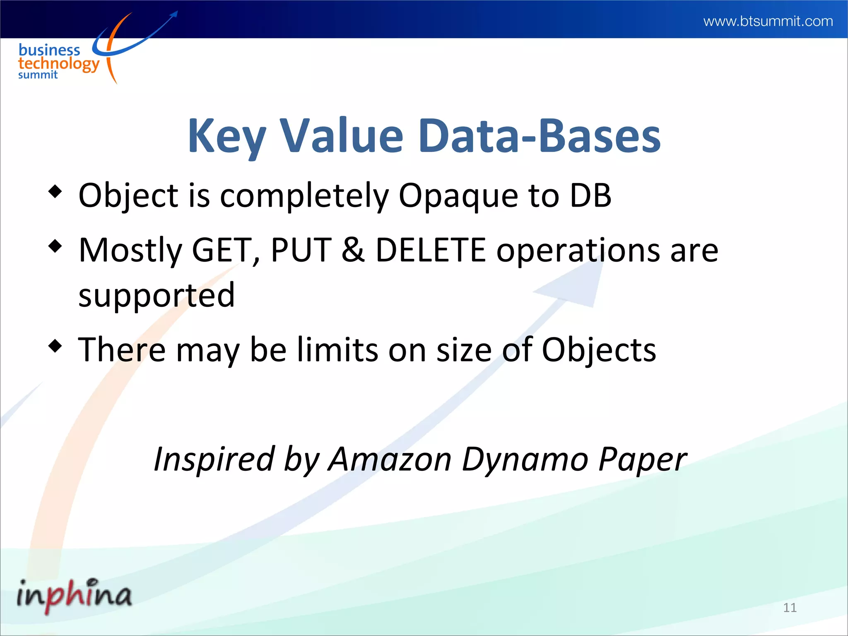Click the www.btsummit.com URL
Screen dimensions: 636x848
click(768, 21)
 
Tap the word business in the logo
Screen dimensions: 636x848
click(49, 50)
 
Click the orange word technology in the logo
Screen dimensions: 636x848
click(59, 64)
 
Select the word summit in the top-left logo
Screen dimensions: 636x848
click(38, 75)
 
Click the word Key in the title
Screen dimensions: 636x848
click(226, 136)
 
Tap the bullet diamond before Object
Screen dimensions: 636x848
click(55, 192)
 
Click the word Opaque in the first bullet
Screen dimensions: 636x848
click(458, 195)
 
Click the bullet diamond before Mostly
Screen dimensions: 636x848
click(55, 246)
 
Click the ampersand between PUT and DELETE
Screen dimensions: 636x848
click(353, 251)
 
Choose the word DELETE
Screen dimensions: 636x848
click(431, 251)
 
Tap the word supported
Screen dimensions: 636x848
click(157, 296)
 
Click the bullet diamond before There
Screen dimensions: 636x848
click(55, 345)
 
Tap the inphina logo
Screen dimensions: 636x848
click(74, 595)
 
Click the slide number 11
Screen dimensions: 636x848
click(790, 607)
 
